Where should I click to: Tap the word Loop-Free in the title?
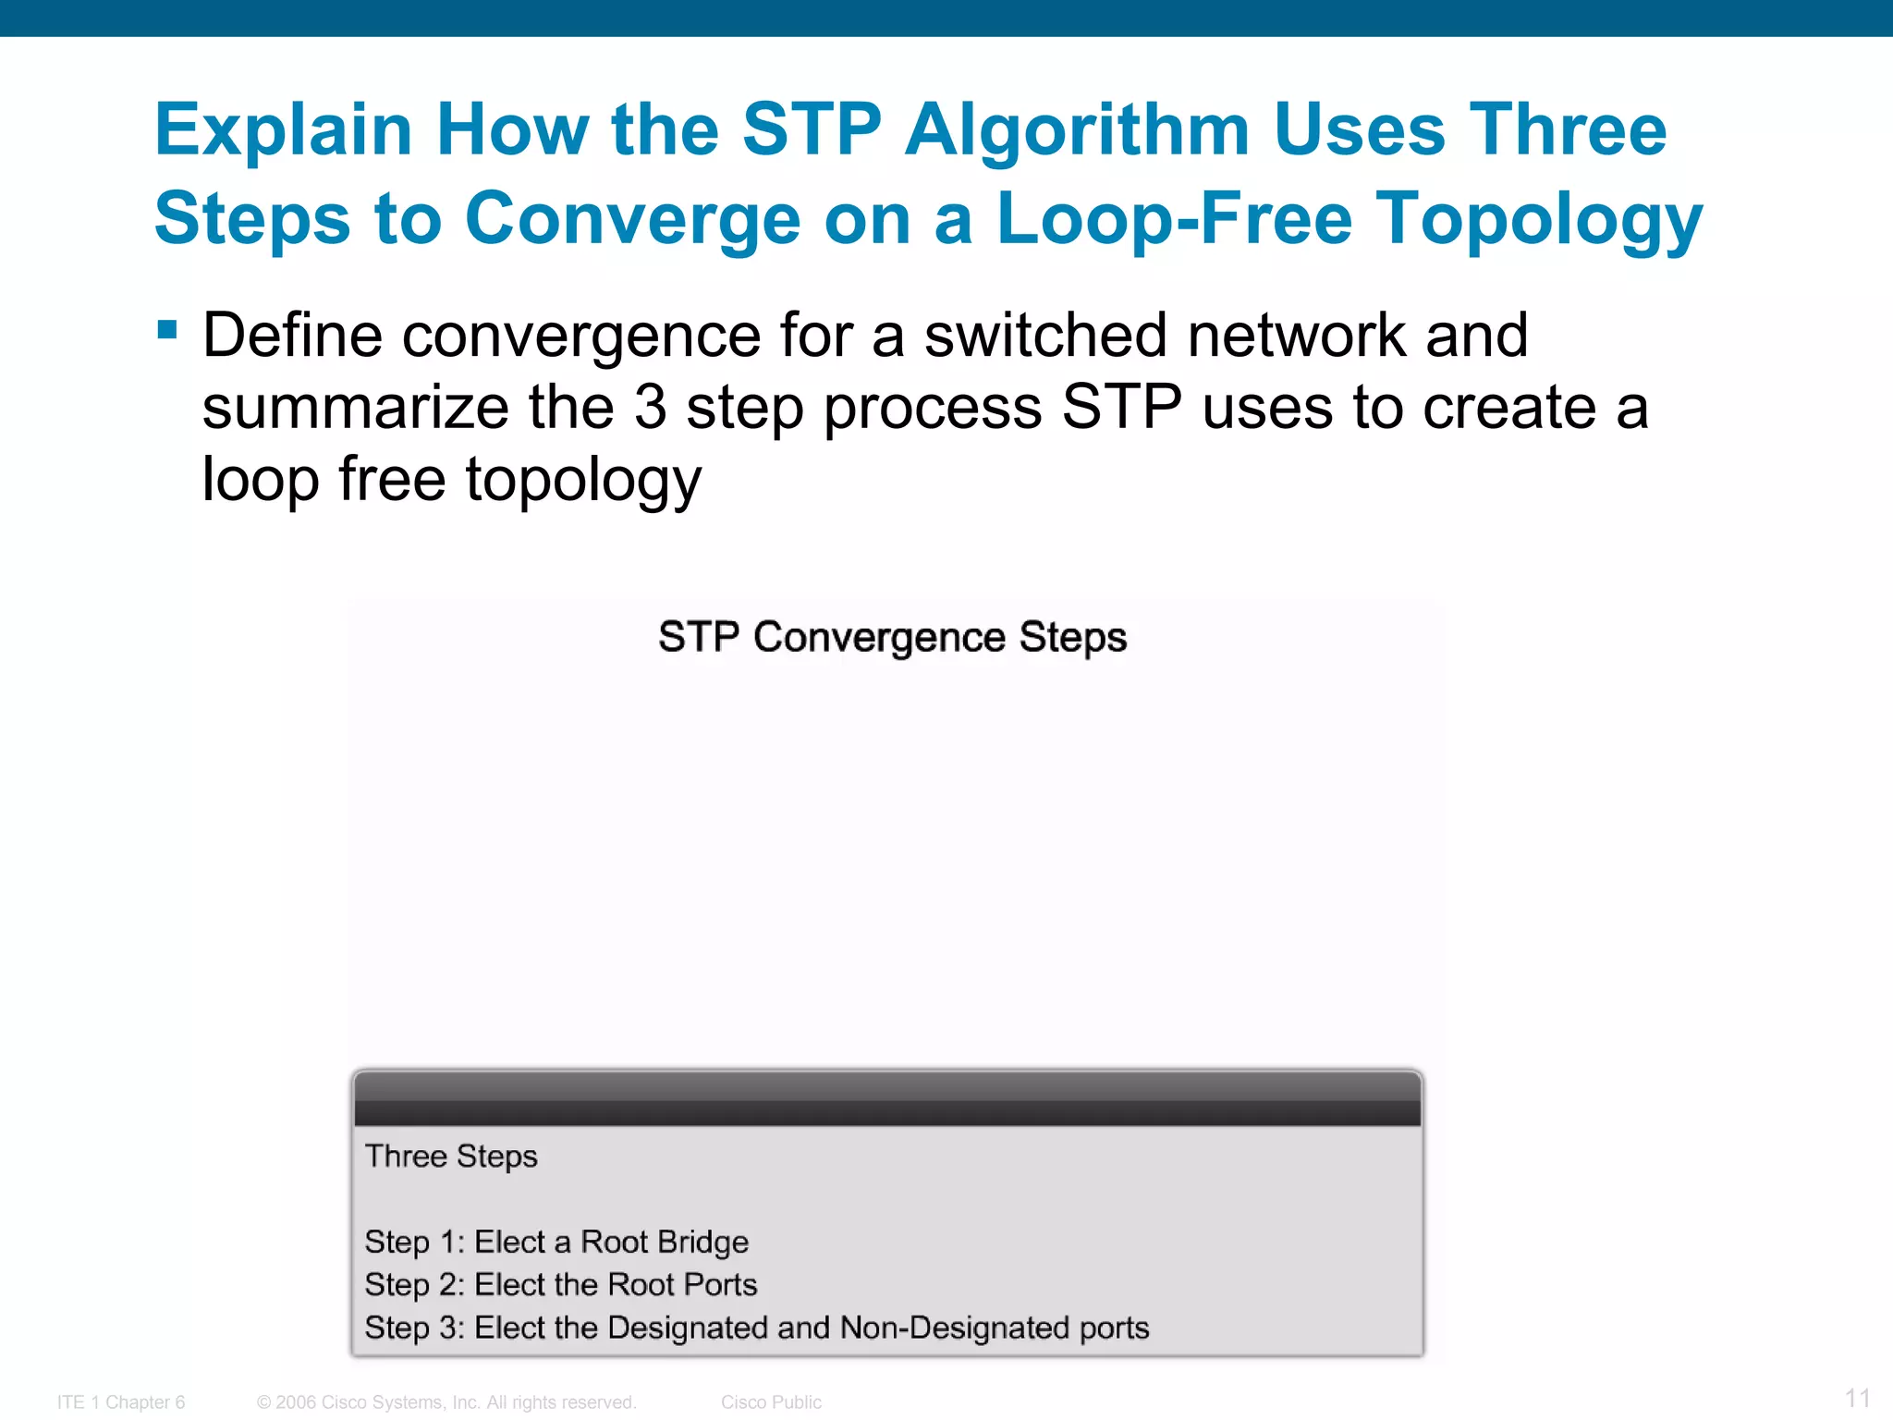click(x=1174, y=219)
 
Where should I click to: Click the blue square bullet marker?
click(x=167, y=330)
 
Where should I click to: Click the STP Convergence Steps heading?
click(x=892, y=637)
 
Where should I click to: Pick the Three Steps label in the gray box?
click(x=451, y=1157)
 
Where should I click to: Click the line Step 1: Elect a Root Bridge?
click(x=556, y=1242)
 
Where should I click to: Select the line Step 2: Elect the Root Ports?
click(x=561, y=1284)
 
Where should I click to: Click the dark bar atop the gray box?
click(x=887, y=1099)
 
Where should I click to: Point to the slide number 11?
click(x=1858, y=1398)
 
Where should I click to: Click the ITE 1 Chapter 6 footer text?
click(x=121, y=1402)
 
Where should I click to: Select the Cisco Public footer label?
click(x=771, y=1402)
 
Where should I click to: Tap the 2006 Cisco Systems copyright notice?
click(x=447, y=1402)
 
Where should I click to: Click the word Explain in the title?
click(x=283, y=130)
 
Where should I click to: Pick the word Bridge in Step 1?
click(x=706, y=1242)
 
